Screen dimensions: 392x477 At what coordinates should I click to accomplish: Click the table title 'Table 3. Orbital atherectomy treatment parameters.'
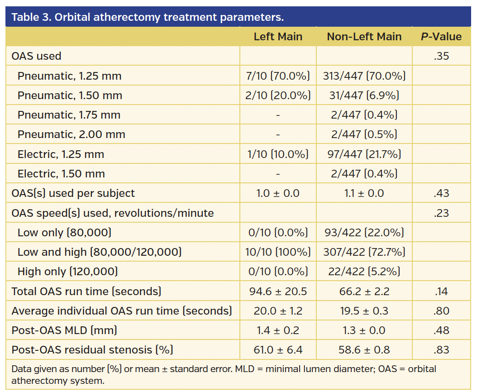[148, 17]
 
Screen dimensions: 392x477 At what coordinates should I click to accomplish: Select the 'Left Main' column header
[278, 37]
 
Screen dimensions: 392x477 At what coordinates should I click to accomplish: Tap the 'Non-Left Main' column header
[364, 37]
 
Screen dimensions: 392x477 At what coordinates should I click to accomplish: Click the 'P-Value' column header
[441, 37]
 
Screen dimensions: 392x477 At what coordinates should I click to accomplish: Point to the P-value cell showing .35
[441, 56]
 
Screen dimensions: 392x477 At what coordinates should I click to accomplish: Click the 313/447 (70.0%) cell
[364, 76]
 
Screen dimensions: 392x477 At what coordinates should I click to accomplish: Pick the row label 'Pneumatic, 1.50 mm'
[70, 96]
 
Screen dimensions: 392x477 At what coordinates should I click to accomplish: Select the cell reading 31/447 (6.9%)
[364, 96]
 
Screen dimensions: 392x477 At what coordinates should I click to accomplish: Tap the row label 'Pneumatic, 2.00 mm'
[72, 134]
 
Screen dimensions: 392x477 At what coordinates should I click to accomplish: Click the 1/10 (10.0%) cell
[278, 154]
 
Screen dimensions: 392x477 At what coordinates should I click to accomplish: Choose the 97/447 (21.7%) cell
[364, 154]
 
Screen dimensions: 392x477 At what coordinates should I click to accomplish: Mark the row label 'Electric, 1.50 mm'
[61, 174]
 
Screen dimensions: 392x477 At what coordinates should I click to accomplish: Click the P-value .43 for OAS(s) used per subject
[441, 193]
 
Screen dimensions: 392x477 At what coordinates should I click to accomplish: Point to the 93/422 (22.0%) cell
[364, 233]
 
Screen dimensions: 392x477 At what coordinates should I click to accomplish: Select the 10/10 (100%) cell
[278, 252]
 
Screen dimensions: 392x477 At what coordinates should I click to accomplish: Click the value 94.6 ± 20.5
[278, 292]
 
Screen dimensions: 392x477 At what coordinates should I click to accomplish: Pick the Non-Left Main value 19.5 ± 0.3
[364, 311]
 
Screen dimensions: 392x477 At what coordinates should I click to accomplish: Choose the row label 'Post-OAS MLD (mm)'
[64, 330]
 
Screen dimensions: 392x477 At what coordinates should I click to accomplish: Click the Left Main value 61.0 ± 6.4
[278, 350]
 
